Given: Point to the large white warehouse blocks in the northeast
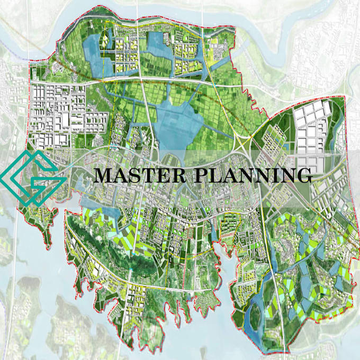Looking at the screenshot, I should pyautogui.click(x=312, y=127).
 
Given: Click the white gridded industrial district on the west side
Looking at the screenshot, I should pyautogui.click(x=58, y=106).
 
